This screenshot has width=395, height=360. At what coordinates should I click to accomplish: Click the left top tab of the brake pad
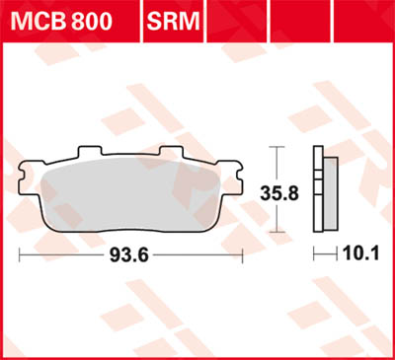(x=89, y=153)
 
